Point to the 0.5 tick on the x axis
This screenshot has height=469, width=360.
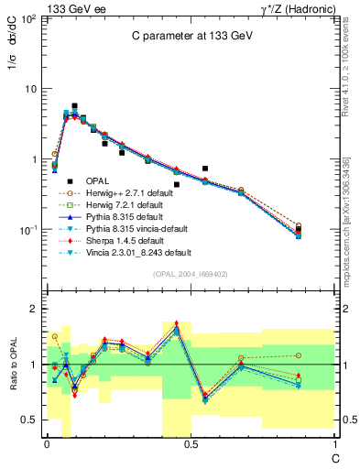tap(190, 444)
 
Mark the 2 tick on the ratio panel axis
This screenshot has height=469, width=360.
tap(32, 310)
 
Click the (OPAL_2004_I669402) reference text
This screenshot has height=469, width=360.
tap(190, 274)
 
